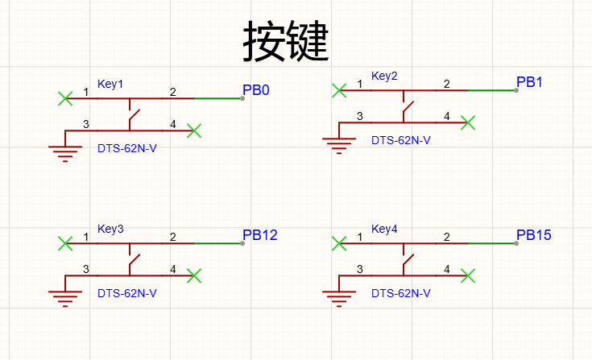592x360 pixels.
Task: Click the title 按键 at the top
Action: (285, 41)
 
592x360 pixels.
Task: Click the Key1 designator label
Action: (110, 84)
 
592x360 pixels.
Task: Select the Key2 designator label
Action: (384, 76)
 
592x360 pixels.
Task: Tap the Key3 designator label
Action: (110, 229)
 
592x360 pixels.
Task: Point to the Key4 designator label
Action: (384, 229)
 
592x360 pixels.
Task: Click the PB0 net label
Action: (256, 90)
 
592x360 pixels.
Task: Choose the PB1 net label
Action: (529, 82)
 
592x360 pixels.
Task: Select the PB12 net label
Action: (260, 235)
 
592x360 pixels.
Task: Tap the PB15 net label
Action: (534, 235)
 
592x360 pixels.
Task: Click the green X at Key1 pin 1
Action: (65, 98)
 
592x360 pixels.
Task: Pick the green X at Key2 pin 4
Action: (468, 122)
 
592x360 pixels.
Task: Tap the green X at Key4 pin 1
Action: (339, 243)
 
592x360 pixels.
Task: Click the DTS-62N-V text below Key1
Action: (127, 148)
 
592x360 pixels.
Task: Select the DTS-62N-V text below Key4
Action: (401, 293)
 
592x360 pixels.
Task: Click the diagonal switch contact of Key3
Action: (135, 260)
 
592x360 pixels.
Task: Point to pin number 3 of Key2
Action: (360, 116)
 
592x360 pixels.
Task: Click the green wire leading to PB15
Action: (492, 243)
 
